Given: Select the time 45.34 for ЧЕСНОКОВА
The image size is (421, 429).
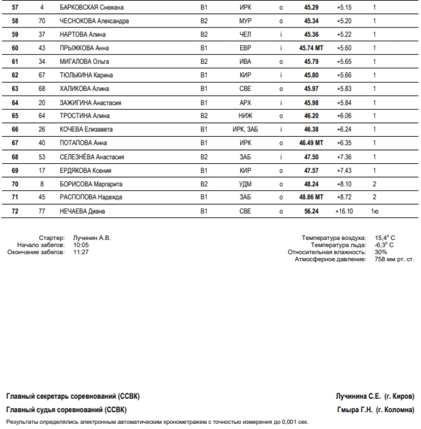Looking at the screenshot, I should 312,21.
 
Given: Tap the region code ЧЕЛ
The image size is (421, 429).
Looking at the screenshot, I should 245,34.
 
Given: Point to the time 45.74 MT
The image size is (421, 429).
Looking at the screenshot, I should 312,48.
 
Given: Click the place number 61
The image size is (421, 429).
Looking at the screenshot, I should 15,62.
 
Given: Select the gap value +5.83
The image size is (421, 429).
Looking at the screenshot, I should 344,89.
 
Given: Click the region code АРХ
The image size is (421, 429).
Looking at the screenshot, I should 245,103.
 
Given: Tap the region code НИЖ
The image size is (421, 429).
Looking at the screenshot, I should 245,116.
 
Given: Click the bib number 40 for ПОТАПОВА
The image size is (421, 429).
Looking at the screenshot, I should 42,143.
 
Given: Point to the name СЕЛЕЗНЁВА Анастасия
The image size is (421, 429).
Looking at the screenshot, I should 92,157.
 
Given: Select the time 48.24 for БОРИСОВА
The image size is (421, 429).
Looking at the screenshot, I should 312,184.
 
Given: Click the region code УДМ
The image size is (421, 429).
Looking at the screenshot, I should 245,184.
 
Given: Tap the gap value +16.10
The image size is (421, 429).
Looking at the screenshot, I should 344,211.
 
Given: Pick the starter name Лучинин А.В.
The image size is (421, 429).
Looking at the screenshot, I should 92,238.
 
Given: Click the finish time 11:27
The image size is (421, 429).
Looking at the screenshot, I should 81,252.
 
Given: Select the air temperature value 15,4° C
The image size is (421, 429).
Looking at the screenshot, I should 385,238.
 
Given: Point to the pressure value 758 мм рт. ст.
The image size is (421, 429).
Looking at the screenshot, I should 394,259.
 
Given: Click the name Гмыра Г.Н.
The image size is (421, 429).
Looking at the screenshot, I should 354,409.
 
